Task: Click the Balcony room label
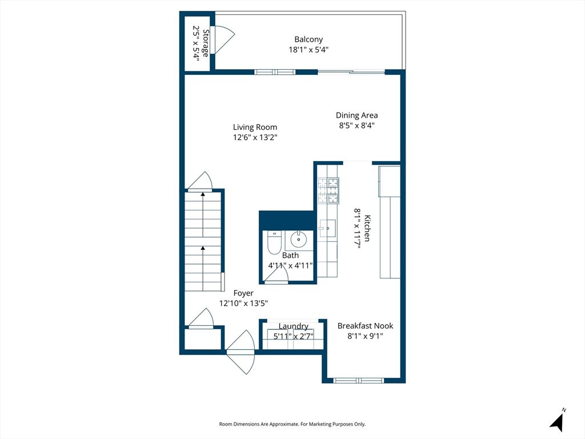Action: pos(308,39)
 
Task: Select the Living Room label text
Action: pos(255,127)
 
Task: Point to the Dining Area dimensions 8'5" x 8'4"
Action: pos(356,125)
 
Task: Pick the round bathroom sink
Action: pos(298,240)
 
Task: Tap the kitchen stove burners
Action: pos(328,191)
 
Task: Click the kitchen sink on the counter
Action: pos(327,228)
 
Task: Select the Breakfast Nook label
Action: pos(365,325)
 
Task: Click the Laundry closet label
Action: pos(293,326)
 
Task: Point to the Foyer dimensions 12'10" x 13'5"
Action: pos(243,303)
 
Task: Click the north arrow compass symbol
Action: pos(558,420)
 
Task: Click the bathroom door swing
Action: pos(277,275)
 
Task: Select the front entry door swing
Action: pos(241,352)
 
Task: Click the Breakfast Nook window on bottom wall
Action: pos(359,380)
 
